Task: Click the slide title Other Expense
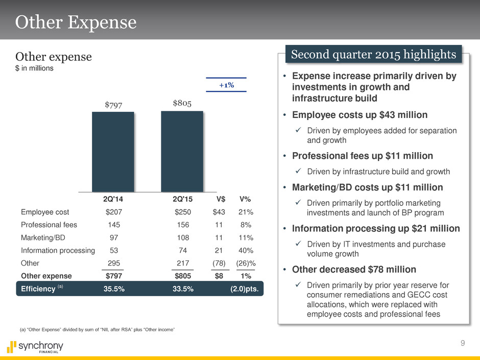click(76, 22)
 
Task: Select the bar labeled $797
click(113, 152)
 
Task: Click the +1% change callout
click(226, 85)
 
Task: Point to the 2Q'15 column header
click(183, 199)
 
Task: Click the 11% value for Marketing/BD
click(247, 237)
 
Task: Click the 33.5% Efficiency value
click(183, 289)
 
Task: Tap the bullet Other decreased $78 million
click(353, 269)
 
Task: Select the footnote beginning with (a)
click(97, 330)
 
